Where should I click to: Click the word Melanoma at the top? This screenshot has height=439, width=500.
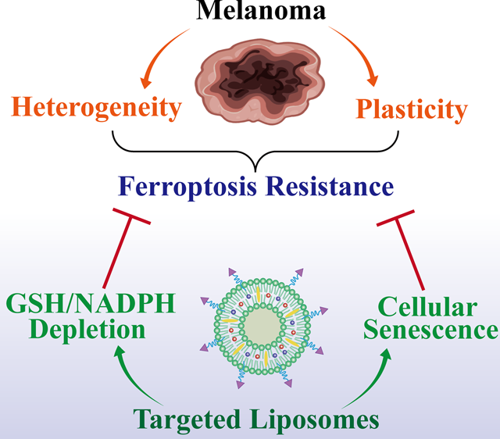click(x=261, y=9)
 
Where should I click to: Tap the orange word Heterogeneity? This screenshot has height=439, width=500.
click(x=96, y=109)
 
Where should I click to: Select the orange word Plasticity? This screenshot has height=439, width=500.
click(x=412, y=110)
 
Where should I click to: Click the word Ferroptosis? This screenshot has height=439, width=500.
click(x=187, y=187)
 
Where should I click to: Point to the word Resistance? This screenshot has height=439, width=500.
click(x=330, y=187)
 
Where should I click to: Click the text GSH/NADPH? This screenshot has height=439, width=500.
click(x=91, y=303)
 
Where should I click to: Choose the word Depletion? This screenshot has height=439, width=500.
click(x=87, y=330)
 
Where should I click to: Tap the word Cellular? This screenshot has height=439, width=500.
click(x=427, y=307)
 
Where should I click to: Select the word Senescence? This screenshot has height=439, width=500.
click(x=431, y=330)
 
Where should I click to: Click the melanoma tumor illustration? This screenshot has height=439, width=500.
click(x=260, y=81)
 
